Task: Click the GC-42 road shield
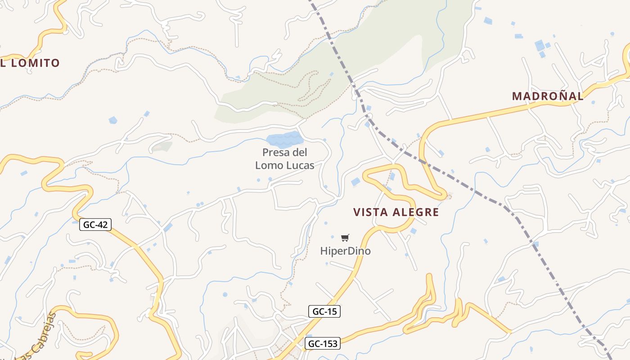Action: [95, 225]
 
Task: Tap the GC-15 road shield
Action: [324, 311]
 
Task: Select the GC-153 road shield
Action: [322, 344]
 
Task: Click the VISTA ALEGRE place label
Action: [396, 212]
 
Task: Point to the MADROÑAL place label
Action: [548, 96]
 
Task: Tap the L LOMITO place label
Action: [30, 63]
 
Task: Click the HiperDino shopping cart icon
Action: [345, 238]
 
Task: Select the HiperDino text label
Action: [346, 251]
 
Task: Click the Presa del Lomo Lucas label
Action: [285, 159]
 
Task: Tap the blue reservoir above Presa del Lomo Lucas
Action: [283, 139]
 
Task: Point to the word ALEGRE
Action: [416, 212]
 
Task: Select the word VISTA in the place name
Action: [369, 212]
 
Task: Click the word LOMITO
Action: [35, 63]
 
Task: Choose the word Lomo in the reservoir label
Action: [269, 165]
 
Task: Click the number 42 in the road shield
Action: [103, 225]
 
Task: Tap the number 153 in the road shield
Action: [329, 344]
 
